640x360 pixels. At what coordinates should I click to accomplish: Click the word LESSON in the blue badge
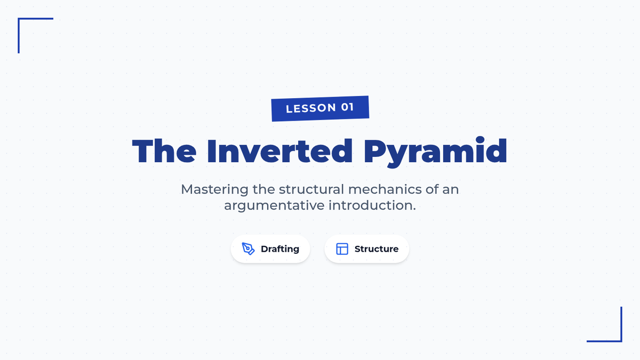[x=311, y=108]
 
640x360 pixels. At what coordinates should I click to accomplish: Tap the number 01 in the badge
[x=347, y=107]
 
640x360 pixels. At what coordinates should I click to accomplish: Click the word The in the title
[x=164, y=151]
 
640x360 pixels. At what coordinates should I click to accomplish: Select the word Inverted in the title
[x=279, y=151]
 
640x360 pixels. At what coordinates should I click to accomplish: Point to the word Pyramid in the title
[x=435, y=152]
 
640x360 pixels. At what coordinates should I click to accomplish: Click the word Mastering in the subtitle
[x=214, y=189]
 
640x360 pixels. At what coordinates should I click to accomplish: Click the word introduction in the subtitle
[x=371, y=205]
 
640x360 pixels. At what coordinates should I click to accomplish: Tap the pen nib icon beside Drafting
[x=248, y=249]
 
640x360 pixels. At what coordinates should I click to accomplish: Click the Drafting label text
[x=280, y=249]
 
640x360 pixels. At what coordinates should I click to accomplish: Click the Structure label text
[x=377, y=249]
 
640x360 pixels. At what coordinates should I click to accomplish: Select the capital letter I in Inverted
[x=212, y=151]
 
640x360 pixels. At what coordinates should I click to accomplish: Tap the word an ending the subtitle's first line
[x=451, y=190]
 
